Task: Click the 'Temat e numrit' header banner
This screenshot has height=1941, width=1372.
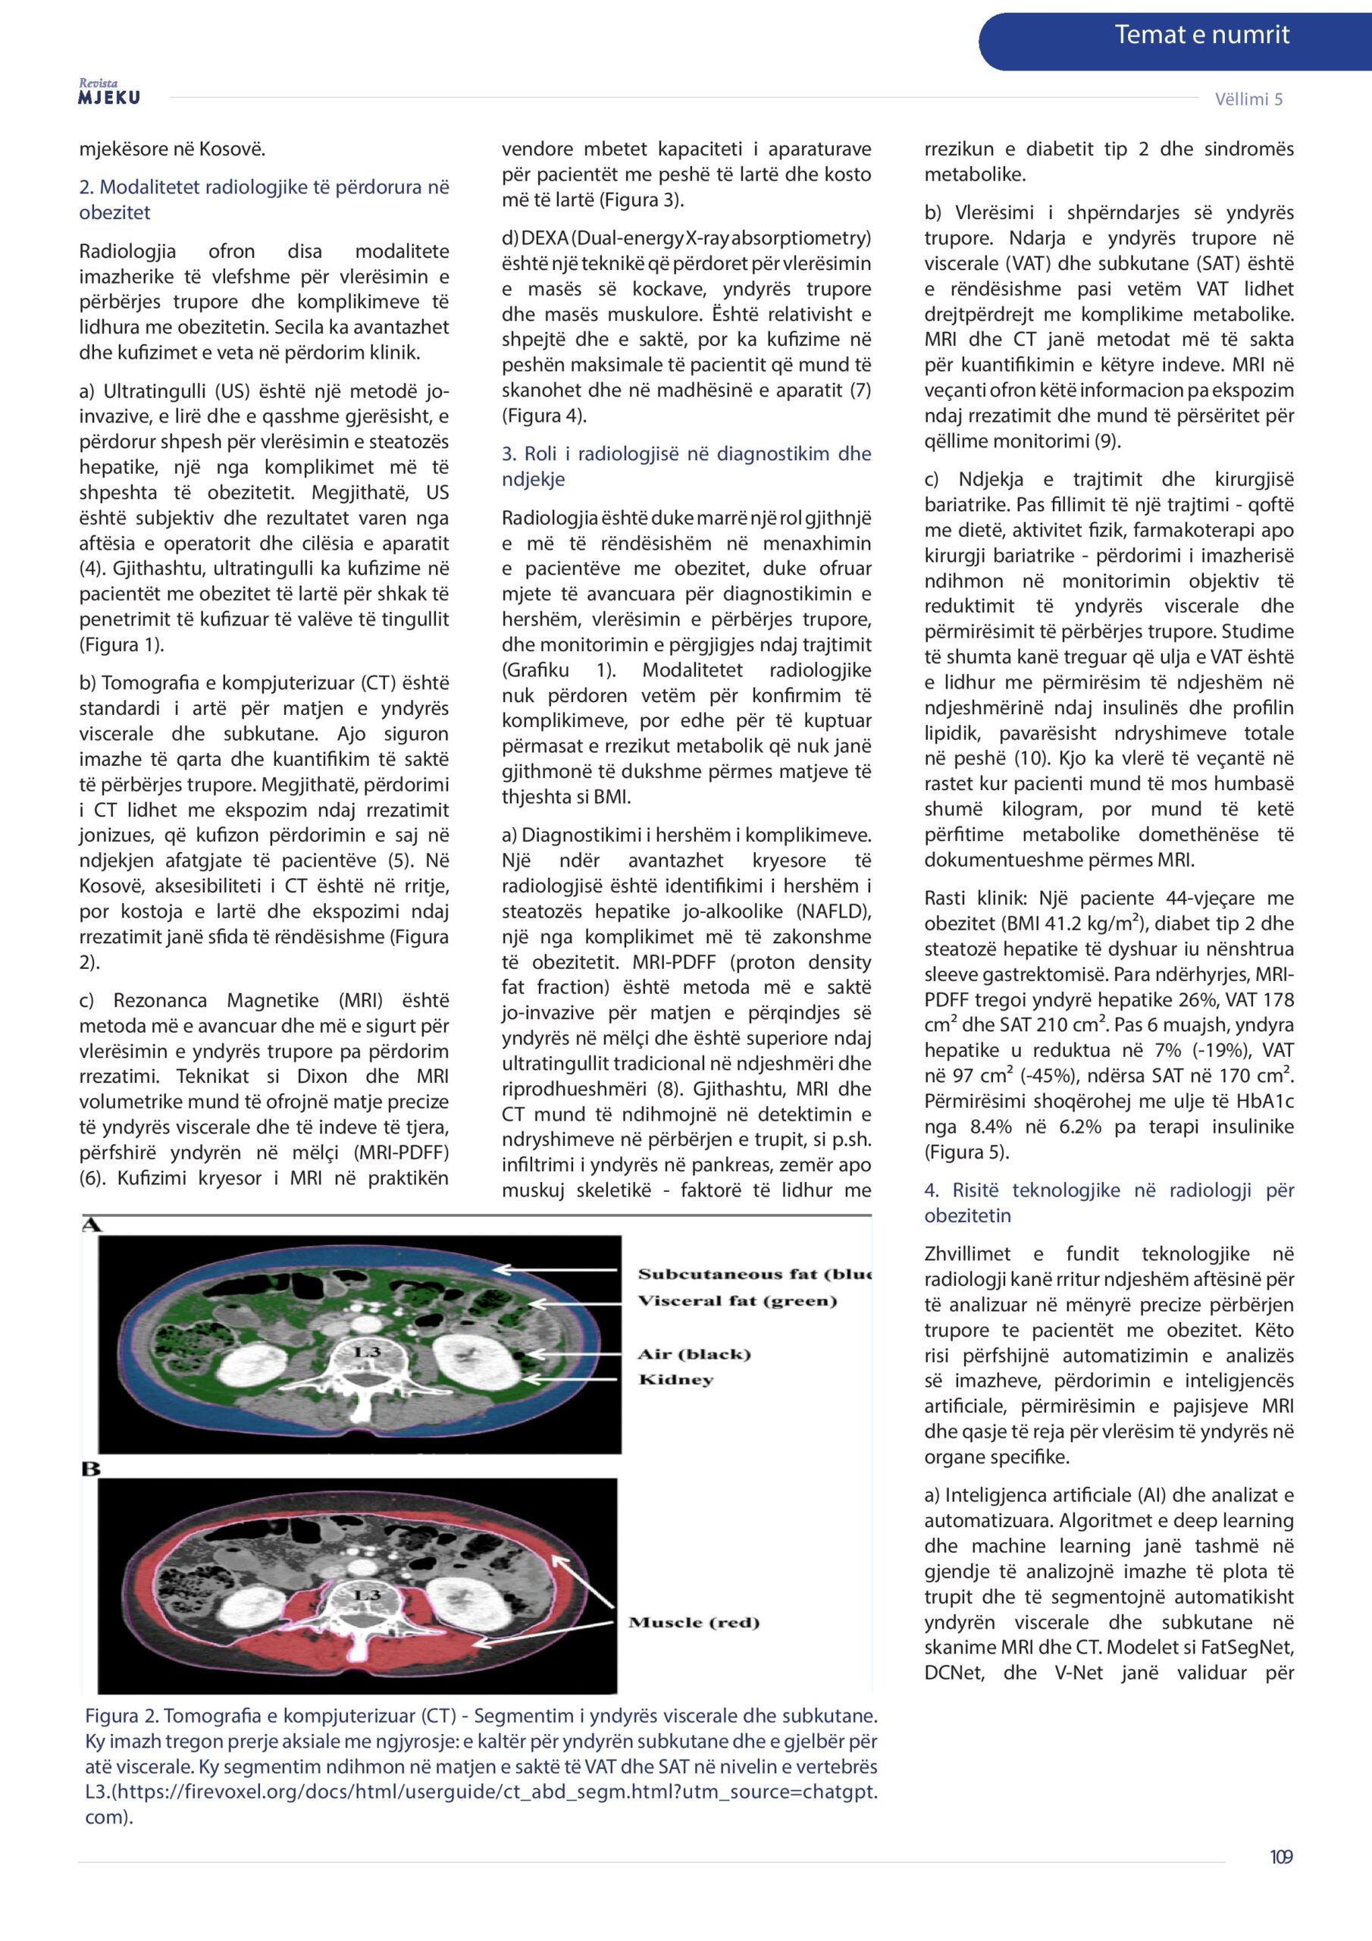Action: tap(1201, 36)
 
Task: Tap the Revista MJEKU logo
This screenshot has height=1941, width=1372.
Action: tap(109, 93)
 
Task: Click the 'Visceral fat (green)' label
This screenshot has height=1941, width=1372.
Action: tap(737, 1300)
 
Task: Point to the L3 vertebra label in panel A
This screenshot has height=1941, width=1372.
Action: tap(367, 1353)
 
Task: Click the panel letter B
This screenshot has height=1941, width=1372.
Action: tap(90, 1469)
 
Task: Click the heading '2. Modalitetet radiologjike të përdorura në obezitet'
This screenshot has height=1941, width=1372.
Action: tap(264, 199)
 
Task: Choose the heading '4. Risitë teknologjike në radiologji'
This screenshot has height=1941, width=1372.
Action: tap(1108, 1203)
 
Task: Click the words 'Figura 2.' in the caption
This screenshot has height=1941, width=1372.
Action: tap(122, 1715)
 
